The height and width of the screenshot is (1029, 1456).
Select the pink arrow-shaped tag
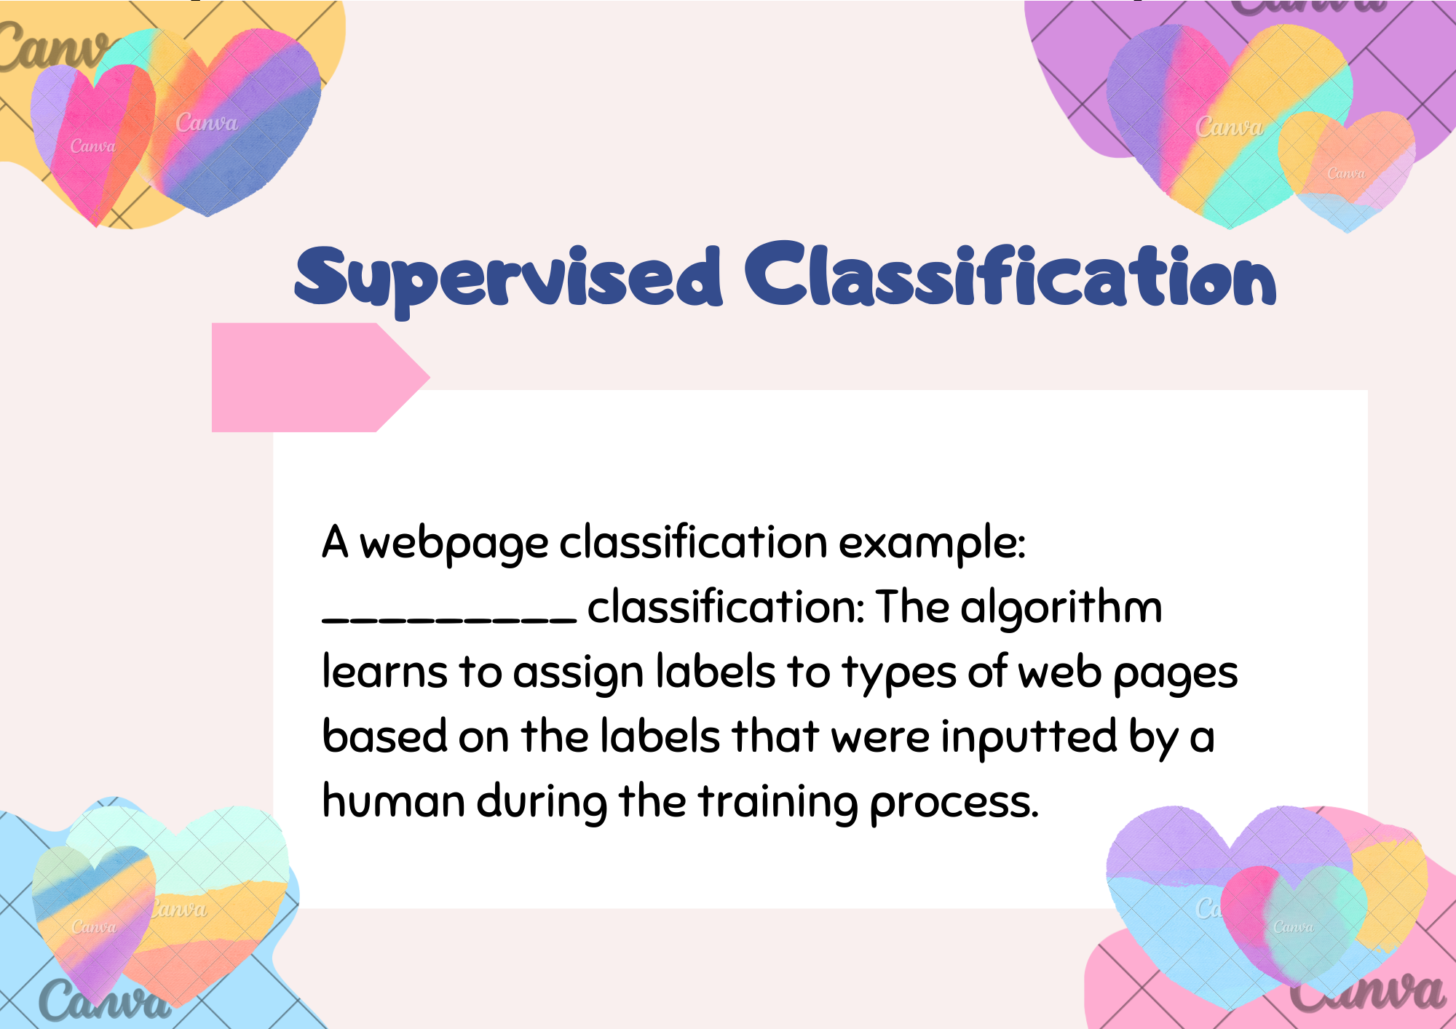click(x=320, y=377)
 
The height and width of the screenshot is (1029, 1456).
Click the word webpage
click(x=454, y=544)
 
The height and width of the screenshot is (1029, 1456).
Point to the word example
click(x=933, y=544)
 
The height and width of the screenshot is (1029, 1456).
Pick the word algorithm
click(x=1061, y=608)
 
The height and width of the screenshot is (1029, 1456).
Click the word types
click(x=899, y=674)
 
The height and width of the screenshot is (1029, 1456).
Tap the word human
click(x=393, y=800)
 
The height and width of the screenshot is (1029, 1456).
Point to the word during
click(x=542, y=802)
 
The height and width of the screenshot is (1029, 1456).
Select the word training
click(x=778, y=802)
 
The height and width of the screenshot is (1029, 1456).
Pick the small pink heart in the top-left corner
click(x=93, y=142)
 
